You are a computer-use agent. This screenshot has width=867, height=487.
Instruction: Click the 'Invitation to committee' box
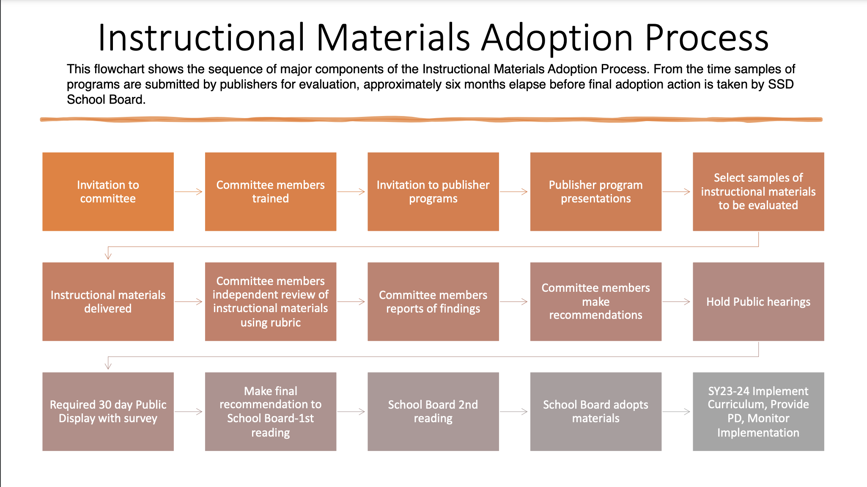tap(108, 191)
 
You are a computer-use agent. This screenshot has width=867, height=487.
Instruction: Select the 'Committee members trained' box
tap(271, 191)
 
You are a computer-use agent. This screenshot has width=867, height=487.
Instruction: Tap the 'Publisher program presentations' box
tap(596, 191)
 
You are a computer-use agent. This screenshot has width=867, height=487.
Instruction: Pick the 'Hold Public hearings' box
tap(758, 302)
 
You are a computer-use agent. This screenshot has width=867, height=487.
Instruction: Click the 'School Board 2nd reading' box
tap(433, 412)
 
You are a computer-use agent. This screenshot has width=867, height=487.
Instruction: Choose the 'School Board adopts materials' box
tap(596, 412)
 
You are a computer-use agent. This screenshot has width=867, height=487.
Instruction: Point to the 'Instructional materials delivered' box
tap(108, 302)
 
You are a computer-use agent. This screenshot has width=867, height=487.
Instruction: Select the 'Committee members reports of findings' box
tap(433, 302)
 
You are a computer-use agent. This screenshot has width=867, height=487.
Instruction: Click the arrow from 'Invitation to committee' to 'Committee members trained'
tap(189, 192)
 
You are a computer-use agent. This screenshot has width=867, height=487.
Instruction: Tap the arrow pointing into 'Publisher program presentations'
tap(514, 192)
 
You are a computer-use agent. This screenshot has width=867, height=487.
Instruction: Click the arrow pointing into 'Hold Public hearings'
tap(676, 302)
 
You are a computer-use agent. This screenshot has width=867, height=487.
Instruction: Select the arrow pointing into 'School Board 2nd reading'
tap(351, 412)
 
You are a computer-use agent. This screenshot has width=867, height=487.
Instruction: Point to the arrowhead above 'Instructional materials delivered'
tap(108, 255)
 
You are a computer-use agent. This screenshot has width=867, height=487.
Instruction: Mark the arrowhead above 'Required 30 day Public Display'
tap(108, 365)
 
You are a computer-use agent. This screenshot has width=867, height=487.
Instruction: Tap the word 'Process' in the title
tap(707, 38)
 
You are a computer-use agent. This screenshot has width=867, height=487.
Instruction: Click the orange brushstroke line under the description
tap(431, 119)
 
